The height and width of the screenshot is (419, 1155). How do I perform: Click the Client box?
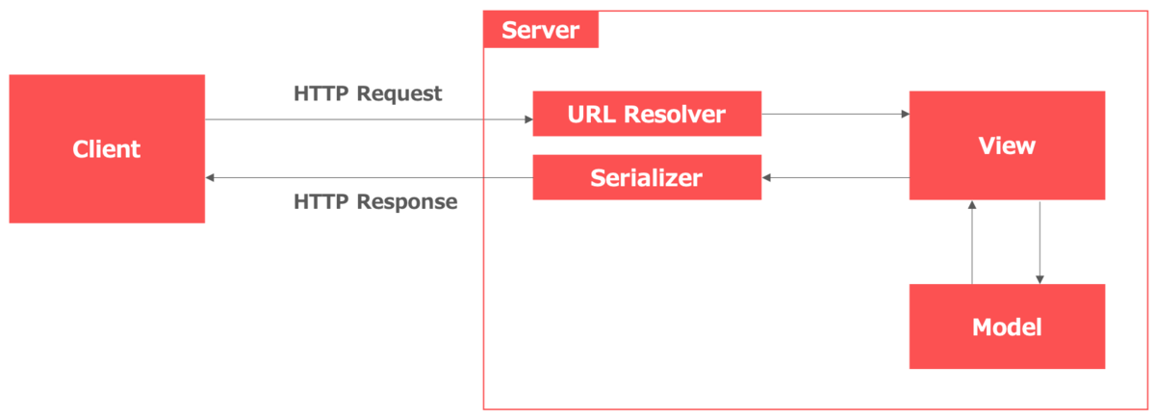click(107, 149)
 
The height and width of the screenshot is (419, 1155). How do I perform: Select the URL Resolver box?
click(647, 115)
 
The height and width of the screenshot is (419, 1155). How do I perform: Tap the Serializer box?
click(647, 177)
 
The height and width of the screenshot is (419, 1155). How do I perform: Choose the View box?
click(1007, 145)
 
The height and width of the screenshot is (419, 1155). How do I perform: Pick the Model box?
click(1007, 327)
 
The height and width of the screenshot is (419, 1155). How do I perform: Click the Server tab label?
click(541, 30)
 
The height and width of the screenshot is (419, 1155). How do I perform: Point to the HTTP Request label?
click(368, 94)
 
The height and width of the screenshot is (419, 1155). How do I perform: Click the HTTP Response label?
click(375, 202)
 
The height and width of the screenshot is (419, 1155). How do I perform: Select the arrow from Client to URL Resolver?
click(366, 119)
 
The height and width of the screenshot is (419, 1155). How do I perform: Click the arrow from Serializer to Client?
click(366, 178)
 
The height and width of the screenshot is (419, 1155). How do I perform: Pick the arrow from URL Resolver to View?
click(833, 114)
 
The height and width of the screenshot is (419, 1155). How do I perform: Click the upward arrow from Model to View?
click(973, 241)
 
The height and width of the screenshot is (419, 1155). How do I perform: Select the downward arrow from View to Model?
click(1039, 241)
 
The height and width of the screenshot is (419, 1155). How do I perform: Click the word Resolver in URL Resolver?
click(675, 115)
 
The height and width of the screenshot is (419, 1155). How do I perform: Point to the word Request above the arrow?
click(398, 94)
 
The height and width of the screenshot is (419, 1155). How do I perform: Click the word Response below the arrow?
click(406, 202)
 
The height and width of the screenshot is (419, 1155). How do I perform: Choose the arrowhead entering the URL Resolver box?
click(527, 119)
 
